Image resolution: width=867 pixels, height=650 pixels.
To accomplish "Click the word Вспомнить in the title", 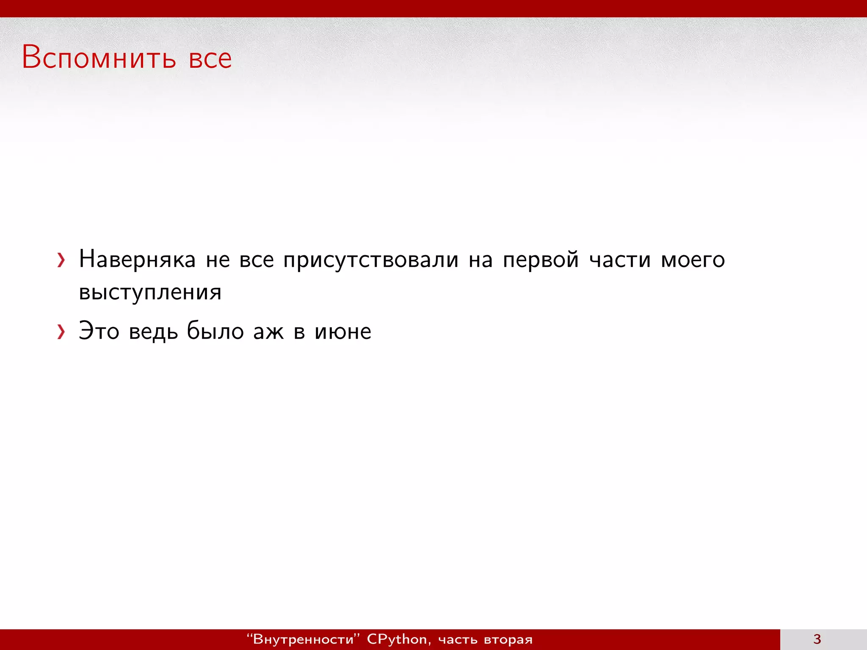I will tap(99, 58).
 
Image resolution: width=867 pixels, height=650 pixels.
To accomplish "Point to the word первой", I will tap(541, 260).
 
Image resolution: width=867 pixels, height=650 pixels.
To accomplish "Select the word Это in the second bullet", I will tap(99, 331).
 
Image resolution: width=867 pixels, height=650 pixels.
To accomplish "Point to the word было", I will tap(215, 331).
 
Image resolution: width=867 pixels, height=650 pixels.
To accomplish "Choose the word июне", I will tap(343, 331).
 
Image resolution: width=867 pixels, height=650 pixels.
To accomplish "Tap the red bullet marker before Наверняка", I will tap(61, 260).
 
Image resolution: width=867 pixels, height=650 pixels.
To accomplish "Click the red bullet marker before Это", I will tap(61, 332).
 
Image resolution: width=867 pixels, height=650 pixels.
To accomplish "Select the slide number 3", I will tap(817, 639).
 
